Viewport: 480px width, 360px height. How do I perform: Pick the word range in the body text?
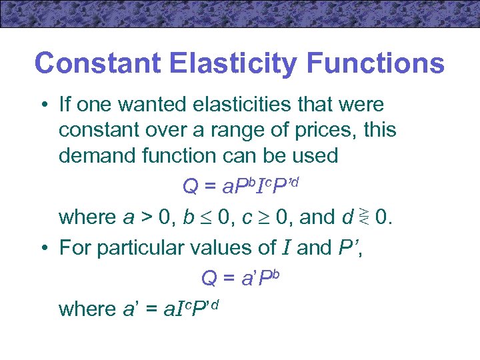[251, 130]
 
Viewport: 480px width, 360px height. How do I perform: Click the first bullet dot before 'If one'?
[42, 105]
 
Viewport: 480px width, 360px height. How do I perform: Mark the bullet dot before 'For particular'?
[42, 248]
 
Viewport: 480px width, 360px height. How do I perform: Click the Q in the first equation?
[190, 187]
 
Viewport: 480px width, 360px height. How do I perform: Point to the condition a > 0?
[143, 217]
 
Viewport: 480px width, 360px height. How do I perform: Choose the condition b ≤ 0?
[203, 217]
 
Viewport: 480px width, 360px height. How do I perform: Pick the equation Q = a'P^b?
[239, 278]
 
